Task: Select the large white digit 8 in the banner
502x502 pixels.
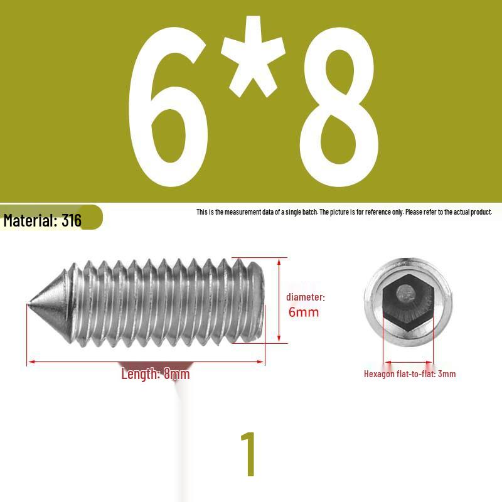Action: click(339, 107)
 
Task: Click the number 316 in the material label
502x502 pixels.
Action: click(72, 221)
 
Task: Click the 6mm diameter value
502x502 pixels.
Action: click(304, 312)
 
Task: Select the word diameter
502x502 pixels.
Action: click(305, 297)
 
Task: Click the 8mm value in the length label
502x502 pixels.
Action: click(176, 373)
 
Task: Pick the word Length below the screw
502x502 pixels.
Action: click(141, 374)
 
